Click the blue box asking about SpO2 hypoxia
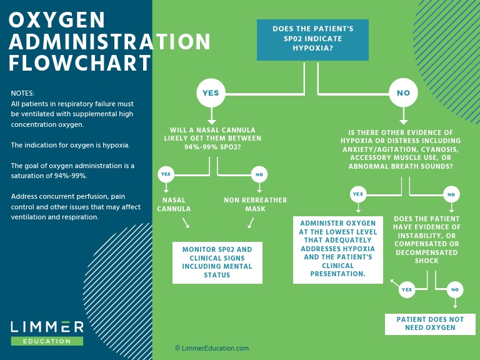coord(312,39)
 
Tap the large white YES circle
coord(211,92)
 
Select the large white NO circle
coord(403,93)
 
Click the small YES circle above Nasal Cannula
coord(166,174)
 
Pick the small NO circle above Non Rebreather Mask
coord(259,174)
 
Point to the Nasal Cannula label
coord(174,204)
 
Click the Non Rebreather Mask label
coord(255,204)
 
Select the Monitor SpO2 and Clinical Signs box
coord(217,262)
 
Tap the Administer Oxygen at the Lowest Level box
coord(338,249)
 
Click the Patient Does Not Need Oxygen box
coord(430,324)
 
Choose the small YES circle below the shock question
coord(406,289)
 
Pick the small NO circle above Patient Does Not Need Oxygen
coord(454,289)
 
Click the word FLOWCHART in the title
coord(80,63)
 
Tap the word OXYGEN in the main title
coord(57,21)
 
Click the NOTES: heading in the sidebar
coord(22,93)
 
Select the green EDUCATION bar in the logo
coord(47,341)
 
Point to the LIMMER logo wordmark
coord(47,327)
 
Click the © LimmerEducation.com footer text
coord(211,348)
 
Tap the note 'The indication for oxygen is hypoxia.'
coord(70,145)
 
